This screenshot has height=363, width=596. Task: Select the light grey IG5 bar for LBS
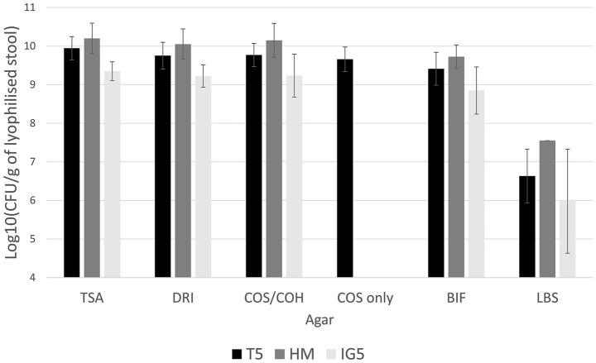[567, 239]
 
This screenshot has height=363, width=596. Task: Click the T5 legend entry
[243, 351]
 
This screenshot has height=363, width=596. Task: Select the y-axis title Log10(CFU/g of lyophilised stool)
[12, 141]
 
